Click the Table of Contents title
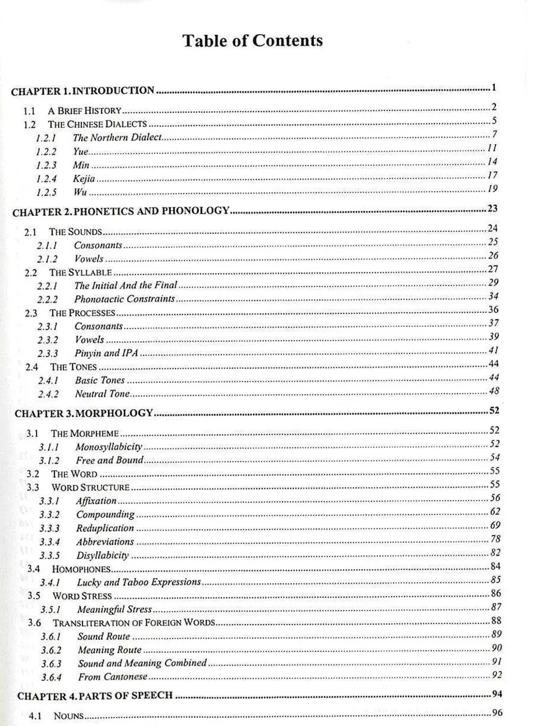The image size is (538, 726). click(x=252, y=41)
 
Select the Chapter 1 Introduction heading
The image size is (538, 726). click(x=82, y=91)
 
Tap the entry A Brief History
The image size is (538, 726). click(x=85, y=110)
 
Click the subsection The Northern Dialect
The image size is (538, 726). click(x=117, y=137)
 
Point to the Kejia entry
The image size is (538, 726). click(x=84, y=179)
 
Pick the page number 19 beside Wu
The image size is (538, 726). click(x=492, y=189)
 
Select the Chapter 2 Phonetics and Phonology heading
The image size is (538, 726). click(x=120, y=211)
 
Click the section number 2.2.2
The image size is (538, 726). click(x=48, y=299)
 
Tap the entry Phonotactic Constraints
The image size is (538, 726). click(x=124, y=299)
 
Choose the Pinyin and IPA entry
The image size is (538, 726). click(x=106, y=353)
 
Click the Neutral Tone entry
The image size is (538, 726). click(x=102, y=394)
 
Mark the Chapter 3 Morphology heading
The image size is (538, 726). click(x=84, y=414)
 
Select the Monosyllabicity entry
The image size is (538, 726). click(x=109, y=447)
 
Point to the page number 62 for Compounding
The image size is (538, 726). click(x=495, y=511)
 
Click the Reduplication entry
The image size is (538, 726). click(x=105, y=528)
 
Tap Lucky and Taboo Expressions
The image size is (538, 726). click(x=138, y=582)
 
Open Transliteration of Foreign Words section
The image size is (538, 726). click(x=134, y=623)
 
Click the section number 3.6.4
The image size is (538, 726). click(x=51, y=677)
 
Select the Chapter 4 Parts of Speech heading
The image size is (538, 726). click(x=95, y=696)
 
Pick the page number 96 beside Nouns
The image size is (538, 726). click(x=497, y=713)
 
